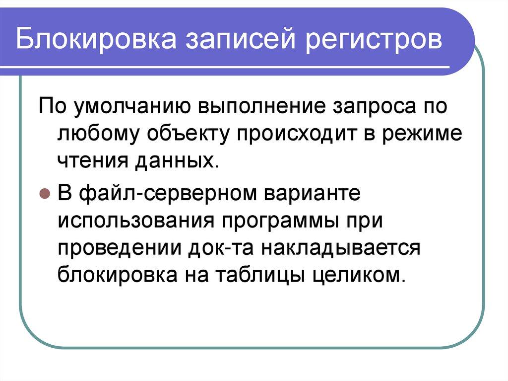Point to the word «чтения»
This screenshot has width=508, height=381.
pos(90,161)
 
